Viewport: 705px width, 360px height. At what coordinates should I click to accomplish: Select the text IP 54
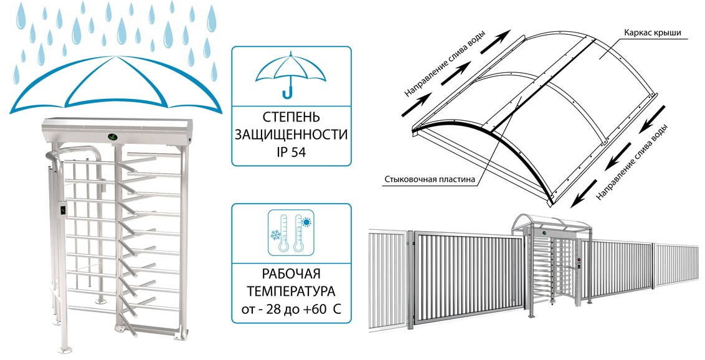291,150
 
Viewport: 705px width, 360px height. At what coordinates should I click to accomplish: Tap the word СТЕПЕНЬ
291,117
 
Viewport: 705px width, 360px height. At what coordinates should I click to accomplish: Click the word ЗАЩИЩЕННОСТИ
291,134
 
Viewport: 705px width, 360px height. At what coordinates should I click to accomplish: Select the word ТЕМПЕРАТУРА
291,291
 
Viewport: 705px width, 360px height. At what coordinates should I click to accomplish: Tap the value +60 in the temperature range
316,308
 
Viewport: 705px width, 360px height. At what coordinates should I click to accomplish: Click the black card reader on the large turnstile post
64,210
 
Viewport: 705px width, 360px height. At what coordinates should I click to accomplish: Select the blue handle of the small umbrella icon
288,93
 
